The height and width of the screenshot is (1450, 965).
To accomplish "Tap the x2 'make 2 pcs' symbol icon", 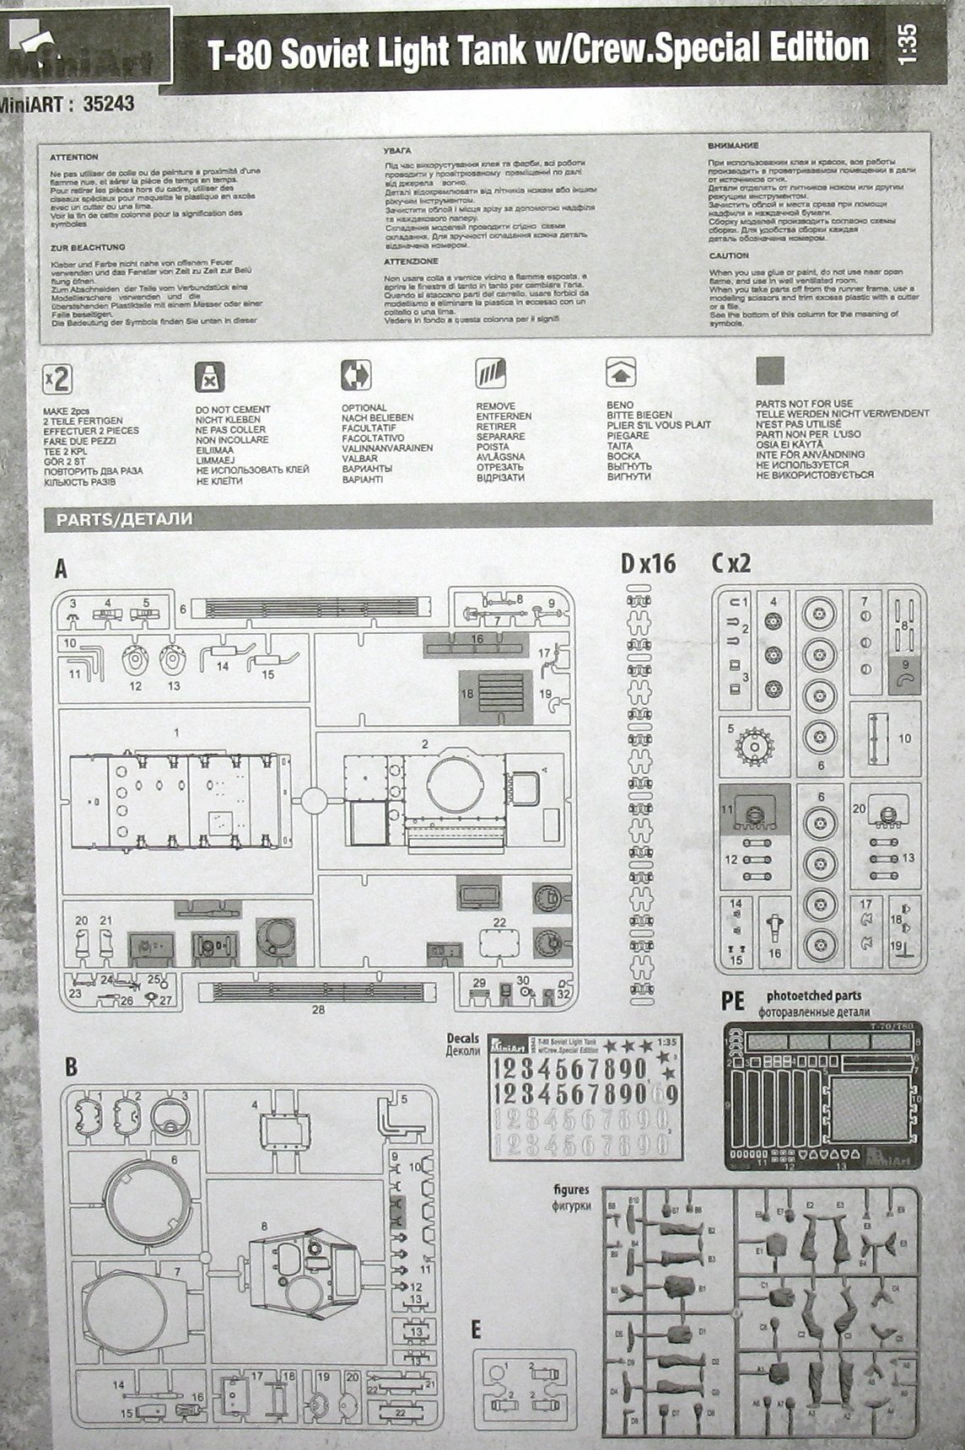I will point(57,379).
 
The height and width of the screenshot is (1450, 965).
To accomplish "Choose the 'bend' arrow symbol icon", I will point(621,372).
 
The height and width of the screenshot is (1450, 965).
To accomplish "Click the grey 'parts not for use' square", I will point(769,371).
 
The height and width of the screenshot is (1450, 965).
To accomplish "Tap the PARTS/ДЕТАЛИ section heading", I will point(125,519).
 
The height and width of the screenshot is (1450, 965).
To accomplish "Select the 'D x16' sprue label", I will point(648,563).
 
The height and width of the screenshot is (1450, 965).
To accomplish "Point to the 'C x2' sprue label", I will point(730,563).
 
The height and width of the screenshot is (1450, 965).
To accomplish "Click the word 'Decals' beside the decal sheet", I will point(464,1039).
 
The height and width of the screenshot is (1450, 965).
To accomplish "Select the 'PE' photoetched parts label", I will point(733,1001).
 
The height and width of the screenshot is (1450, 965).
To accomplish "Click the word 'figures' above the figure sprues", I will point(571,1190).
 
